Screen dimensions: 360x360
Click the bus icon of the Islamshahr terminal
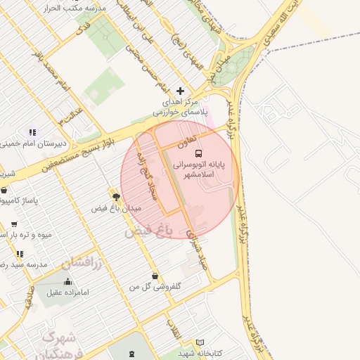(198, 153)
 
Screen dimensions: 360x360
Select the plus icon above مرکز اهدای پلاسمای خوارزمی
(181, 91)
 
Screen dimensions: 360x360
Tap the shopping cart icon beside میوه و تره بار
(15, 224)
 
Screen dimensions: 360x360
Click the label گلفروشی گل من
(154, 287)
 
